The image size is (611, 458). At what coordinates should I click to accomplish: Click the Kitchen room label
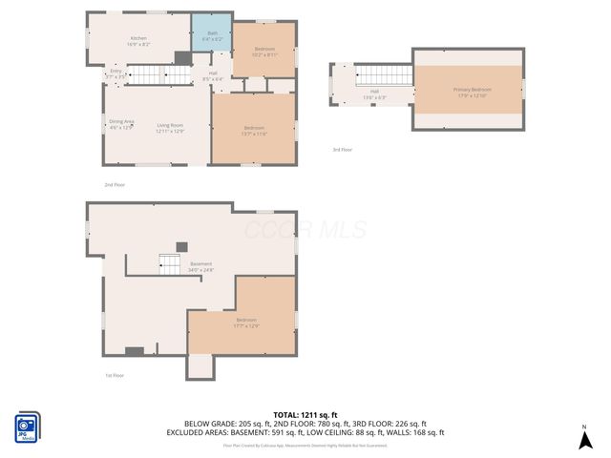pyautogui.click(x=138, y=41)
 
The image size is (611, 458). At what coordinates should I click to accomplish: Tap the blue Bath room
pyautogui.click(x=212, y=36)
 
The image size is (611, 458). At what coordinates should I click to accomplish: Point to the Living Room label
pyautogui.click(x=170, y=128)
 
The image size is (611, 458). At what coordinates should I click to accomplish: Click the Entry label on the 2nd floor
pyautogui.click(x=116, y=73)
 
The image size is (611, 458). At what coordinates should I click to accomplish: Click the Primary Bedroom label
pyautogui.click(x=469, y=93)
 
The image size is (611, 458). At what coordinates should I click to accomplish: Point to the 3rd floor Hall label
pyautogui.click(x=373, y=96)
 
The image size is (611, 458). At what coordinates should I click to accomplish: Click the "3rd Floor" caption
pyautogui.click(x=342, y=150)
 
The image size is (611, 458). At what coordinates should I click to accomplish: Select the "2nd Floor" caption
pyautogui.click(x=114, y=183)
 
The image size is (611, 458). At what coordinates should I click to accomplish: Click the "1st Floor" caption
pyautogui.click(x=114, y=375)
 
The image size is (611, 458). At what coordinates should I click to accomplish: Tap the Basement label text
pyautogui.click(x=200, y=266)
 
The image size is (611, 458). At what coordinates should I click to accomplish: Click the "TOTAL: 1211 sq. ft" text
pyautogui.click(x=305, y=415)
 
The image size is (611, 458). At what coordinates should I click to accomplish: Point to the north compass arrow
pyautogui.click(x=584, y=438)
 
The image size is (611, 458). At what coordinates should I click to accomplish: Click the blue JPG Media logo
pyautogui.click(x=27, y=427)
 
